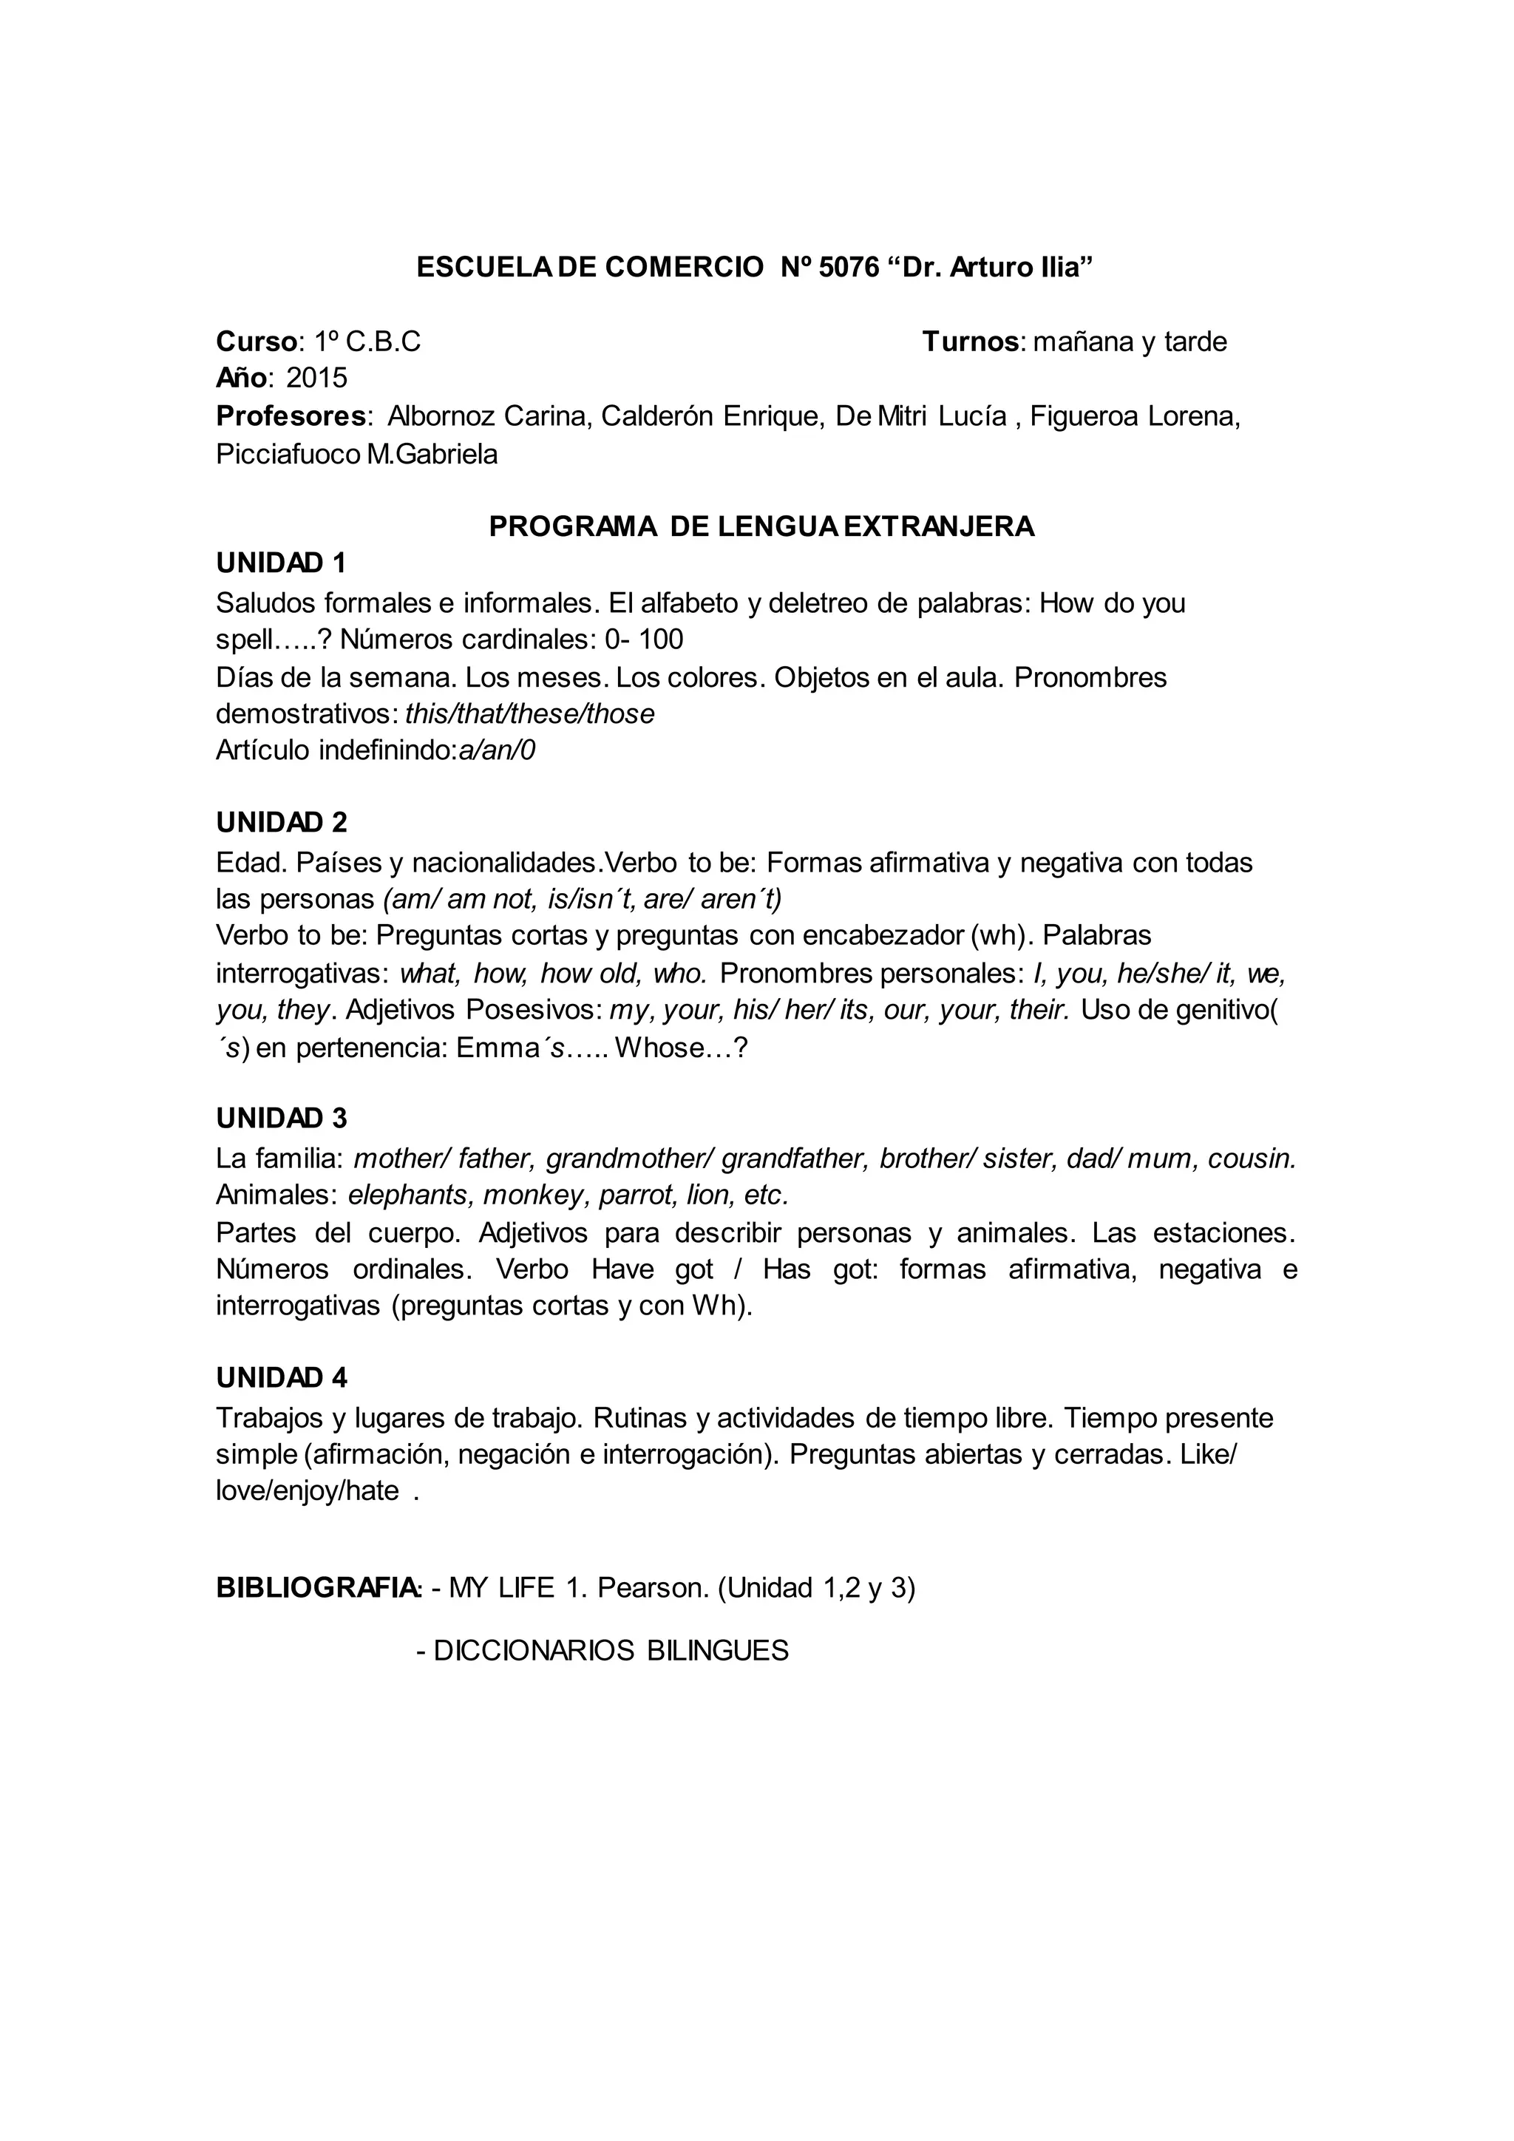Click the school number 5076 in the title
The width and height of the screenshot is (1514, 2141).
[x=849, y=268]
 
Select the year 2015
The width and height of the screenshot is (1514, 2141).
[x=316, y=378]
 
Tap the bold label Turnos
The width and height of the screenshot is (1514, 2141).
[x=971, y=342]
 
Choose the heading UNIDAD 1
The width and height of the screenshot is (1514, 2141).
[x=281, y=563]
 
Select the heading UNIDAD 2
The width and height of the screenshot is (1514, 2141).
[x=281, y=821]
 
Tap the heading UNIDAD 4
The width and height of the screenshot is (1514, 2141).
[x=281, y=1377]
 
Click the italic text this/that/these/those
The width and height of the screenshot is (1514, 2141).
[x=529, y=714]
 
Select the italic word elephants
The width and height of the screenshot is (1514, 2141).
[x=408, y=1195]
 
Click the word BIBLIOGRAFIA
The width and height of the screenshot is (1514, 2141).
[x=318, y=1588]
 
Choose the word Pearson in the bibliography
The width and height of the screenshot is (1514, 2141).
[x=653, y=1588]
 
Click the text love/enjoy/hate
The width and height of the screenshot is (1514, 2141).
[x=308, y=1491]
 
